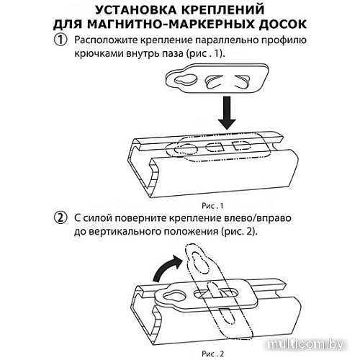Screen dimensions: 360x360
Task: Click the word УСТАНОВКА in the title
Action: pyautogui.click(x=134, y=10)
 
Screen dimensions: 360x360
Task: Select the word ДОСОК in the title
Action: pyautogui.click(x=283, y=24)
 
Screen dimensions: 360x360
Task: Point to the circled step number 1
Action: pyautogui.click(x=60, y=40)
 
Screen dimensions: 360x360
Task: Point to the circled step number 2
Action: pyautogui.click(x=60, y=218)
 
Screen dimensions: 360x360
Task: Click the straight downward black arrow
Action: pyautogui.click(x=227, y=113)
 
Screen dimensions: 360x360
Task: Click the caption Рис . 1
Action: pyautogui.click(x=212, y=206)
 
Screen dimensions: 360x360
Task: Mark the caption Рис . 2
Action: pyautogui.click(x=212, y=354)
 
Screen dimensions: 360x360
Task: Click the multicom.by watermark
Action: pyautogui.click(x=306, y=345)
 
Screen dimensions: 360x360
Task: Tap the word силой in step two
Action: pyautogui.click(x=97, y=218)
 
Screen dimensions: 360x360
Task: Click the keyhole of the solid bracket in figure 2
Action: pyautogui.click(x=174, y=296)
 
